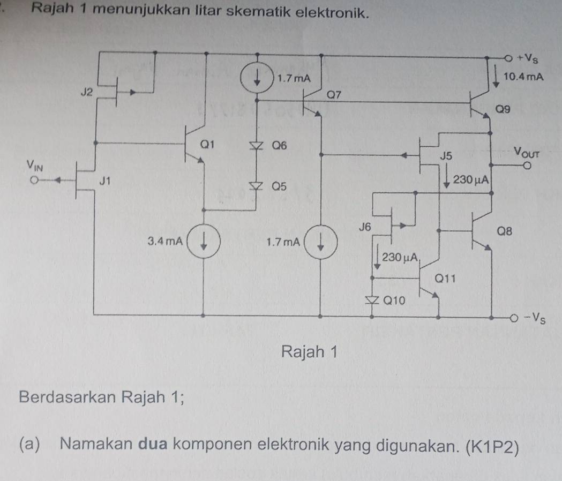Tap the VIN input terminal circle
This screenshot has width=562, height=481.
tap(35, 181)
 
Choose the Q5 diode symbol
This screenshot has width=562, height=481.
tap(258, 185)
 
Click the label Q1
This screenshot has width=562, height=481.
tap(207, 144)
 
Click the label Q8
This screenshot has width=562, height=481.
tap(506, 232)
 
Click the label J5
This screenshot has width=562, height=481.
tap(446, 157)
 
